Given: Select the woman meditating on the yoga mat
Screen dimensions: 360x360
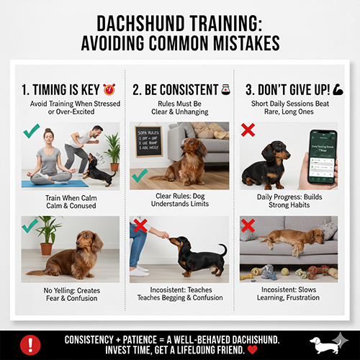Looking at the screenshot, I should point(49,158).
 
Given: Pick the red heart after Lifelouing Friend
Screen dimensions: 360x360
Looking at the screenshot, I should point(251,351).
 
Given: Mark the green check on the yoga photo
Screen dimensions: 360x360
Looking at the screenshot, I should point(32,132).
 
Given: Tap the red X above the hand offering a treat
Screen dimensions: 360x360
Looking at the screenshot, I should point(141,226).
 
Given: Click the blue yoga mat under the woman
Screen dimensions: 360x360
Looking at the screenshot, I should point(54,183).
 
